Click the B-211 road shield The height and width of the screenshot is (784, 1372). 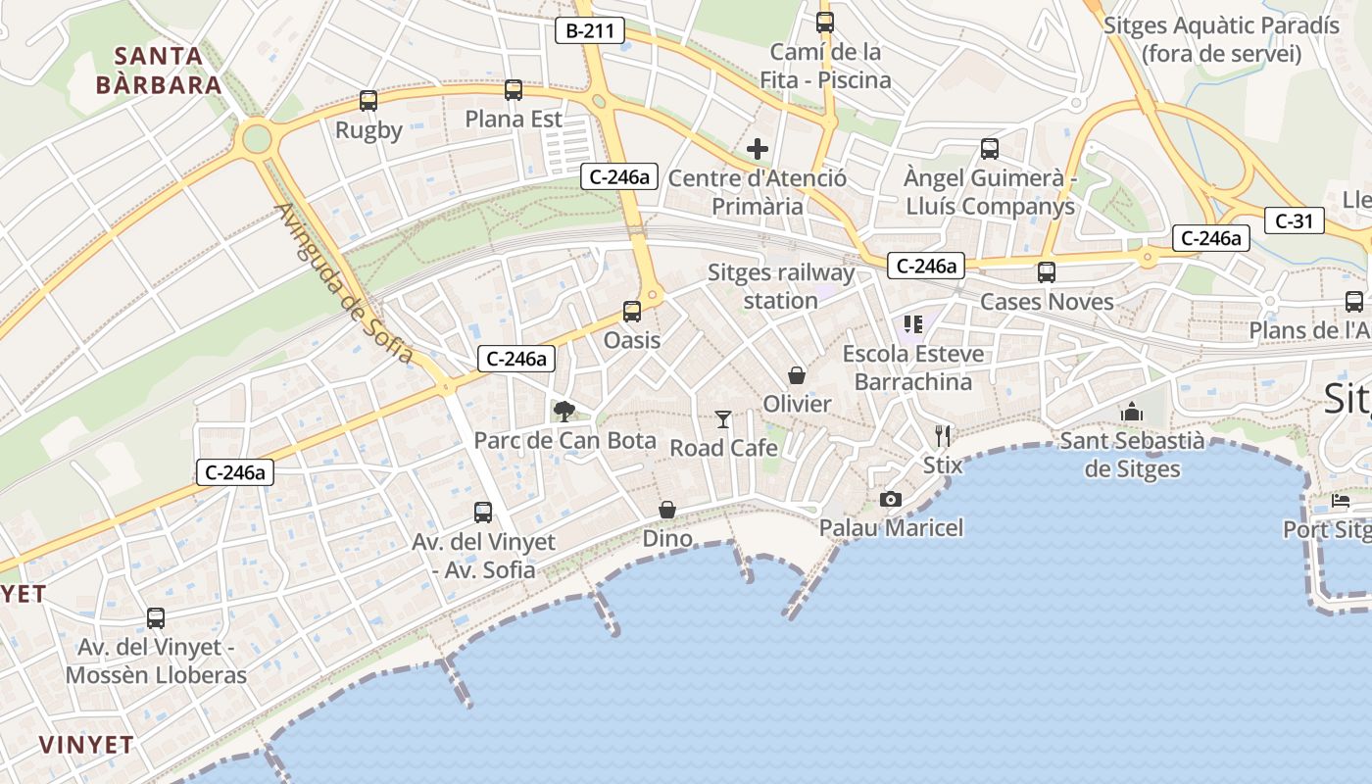[590, 30]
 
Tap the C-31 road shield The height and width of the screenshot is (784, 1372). [1294, 221]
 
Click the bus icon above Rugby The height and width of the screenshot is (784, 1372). [368, 100]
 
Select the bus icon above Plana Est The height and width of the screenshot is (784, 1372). [514, 90]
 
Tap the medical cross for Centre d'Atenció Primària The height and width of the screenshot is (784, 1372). [758, 149]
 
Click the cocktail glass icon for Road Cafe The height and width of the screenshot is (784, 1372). [723, 419]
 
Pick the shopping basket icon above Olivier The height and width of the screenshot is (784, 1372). [797, 375]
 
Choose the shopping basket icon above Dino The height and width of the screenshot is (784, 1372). [667, 510]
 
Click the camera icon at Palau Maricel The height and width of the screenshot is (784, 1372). [891, 500]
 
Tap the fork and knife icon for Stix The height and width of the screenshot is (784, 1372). [943, 435]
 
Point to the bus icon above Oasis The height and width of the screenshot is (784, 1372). [632, 312]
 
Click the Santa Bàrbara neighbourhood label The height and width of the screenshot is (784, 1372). [159, 70]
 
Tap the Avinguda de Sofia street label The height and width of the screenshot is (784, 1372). [344, 283]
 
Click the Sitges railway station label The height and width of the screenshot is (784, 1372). [781, 286]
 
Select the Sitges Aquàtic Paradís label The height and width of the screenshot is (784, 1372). [1220, 39]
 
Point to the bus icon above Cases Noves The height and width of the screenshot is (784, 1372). [1047, 272]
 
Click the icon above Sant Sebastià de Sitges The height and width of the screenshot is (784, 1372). [1132, 412]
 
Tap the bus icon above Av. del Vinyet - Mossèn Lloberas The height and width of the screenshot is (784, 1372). [156, 618]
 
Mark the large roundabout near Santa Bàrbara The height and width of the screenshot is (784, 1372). [256, 138]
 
